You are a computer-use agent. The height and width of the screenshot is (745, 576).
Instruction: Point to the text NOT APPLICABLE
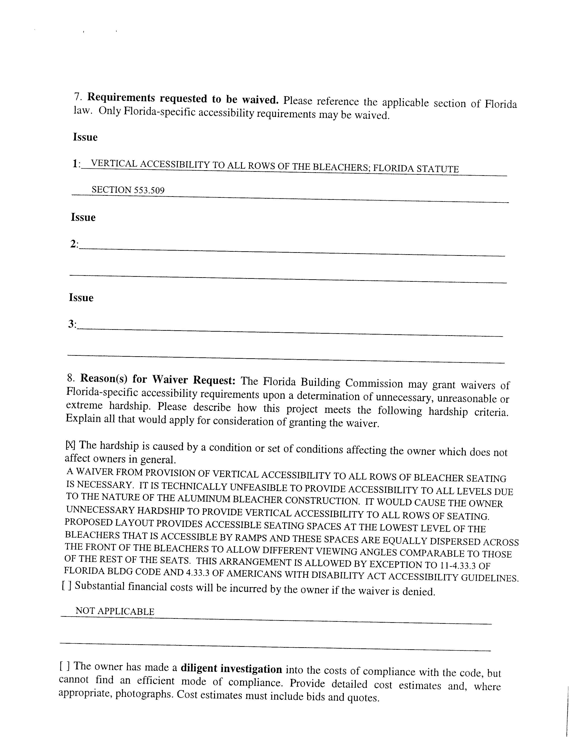point(115,611)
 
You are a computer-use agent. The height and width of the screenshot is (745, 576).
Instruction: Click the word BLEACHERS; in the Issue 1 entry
point(341,167)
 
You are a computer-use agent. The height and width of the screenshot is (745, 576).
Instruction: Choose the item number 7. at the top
point(77,97)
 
